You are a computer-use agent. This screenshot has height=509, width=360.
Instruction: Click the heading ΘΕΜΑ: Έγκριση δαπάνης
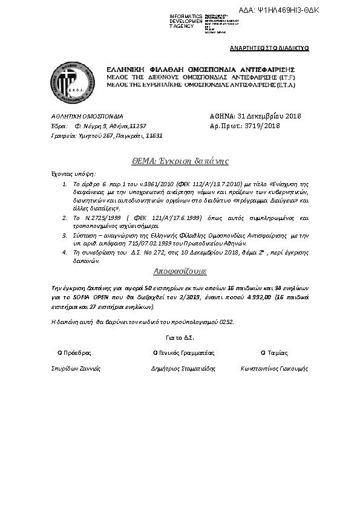(180, 161)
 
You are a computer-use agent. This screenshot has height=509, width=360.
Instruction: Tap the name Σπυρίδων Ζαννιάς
(76, 368)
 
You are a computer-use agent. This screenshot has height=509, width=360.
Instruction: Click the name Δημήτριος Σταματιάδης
(183, 368)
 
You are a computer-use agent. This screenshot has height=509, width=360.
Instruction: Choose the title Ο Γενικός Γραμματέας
(183, 352)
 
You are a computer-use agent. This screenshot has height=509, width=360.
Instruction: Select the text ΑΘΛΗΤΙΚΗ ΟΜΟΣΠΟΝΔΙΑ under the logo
(87, 115)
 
